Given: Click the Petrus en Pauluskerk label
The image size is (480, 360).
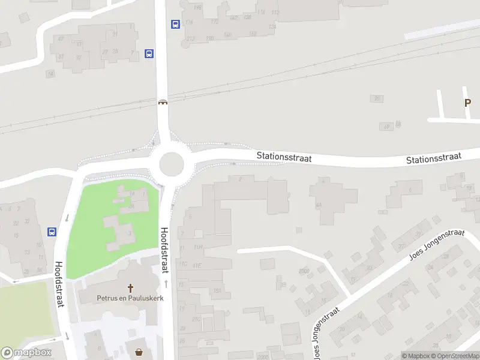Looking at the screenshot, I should point(130,298).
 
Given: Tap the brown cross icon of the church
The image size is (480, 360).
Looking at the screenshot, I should point(130,288).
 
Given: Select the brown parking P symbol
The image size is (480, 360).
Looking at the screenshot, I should point(467,103).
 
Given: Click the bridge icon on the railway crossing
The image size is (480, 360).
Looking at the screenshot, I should point(163,102).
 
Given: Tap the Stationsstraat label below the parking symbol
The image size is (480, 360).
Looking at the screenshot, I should point(433,158).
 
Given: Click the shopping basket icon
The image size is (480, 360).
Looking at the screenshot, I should point(140,352).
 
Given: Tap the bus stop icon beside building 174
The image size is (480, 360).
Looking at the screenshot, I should point(175,25).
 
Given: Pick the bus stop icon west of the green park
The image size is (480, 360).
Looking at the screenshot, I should point(52,231).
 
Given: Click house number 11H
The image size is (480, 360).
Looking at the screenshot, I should point(198,247).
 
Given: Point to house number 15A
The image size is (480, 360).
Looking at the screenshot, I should point(218,290).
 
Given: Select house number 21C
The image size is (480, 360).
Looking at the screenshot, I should point(196,319).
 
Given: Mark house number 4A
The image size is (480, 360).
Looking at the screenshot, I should point(318,205).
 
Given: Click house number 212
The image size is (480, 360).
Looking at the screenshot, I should point(191,39).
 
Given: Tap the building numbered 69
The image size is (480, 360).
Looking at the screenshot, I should point(386,126).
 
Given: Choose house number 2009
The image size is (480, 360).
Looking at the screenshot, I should point(305,271).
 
